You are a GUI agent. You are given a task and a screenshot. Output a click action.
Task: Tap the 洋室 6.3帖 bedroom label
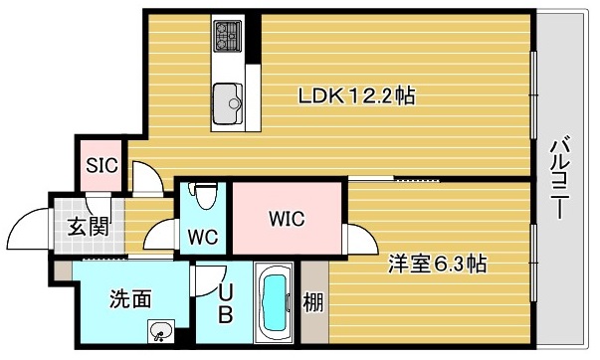point(437,265)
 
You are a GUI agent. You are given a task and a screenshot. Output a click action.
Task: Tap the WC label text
point(203,238)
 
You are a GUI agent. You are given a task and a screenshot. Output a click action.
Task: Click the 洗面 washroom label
point(130,297)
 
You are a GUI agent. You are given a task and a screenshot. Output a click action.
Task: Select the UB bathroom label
point(225,304)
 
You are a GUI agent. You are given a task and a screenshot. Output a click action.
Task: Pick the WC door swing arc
point(159,235)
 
